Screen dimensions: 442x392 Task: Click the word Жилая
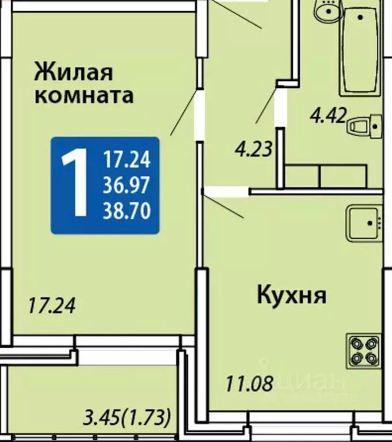click(x=74, y=73)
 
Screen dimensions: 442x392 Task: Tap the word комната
click(x=84, y=95)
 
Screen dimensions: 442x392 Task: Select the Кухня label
click(x=291, y=296)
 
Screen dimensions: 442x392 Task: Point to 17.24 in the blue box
click(x=127, y=158)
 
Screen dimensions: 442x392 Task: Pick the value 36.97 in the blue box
click(x=127, y=185)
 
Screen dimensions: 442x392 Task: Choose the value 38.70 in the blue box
click(x=127, y=211)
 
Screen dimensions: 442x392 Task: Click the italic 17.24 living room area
click(x=52, y=305)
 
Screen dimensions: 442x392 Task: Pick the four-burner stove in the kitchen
click(x=364, y=351)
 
